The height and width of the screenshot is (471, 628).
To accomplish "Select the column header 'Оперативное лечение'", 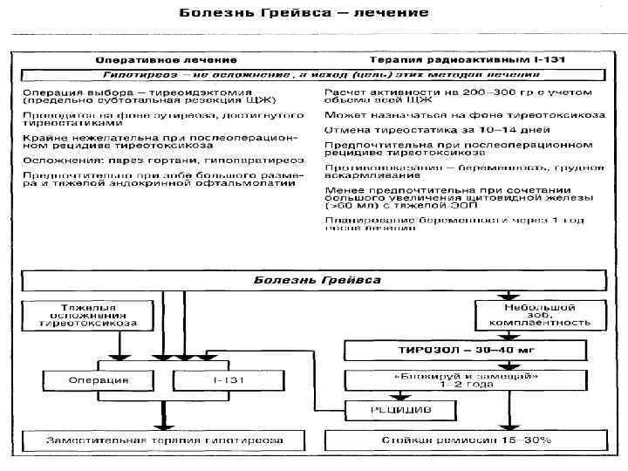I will pyautogui.click(x=166, y=60).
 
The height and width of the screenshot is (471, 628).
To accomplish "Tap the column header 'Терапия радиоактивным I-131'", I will pyautogui.click(x=468, y=60).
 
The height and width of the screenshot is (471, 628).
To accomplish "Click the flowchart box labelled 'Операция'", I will pyautogui.click(x=99, y=380).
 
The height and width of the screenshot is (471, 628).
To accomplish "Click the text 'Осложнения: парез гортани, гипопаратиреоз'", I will pyautogui.click(x=164, y=160).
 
